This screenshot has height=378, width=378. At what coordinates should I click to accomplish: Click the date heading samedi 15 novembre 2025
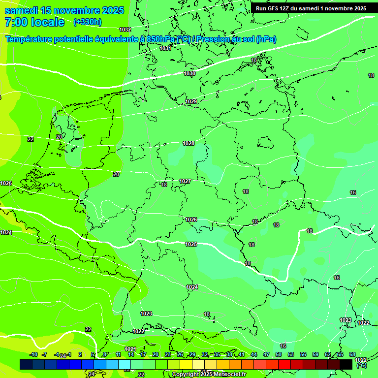point(64,11)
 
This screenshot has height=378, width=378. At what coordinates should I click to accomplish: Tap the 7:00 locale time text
point(34,22)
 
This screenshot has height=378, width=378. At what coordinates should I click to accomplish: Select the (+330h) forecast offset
point(87,22)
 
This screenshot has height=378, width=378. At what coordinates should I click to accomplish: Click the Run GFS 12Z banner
point(311,8)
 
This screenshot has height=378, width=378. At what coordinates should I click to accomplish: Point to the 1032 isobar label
point(125,30)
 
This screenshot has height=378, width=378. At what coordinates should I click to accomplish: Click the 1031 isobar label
point(165,48)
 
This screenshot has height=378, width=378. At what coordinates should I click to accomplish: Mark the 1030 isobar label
point(189,73)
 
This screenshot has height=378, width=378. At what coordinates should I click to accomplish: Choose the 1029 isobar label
point(191,101)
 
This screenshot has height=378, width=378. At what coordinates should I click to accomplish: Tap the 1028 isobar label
point(189,143)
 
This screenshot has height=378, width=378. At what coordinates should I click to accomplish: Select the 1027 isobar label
point(185,181)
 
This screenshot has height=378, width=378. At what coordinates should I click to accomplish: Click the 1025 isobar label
point(191,244)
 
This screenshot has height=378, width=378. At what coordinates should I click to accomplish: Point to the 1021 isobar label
point(130,349)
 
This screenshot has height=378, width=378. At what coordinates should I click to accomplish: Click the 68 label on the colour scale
point(352,354)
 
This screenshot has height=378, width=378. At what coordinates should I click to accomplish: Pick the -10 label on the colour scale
point(33,354)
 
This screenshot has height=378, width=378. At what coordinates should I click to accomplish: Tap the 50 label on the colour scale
point(279,354)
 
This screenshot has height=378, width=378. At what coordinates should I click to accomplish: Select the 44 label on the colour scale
point(254,354)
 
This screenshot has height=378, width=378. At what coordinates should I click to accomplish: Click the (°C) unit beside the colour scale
point(362,365)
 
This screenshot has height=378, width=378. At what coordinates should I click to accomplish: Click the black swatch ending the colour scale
point(346,364)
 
